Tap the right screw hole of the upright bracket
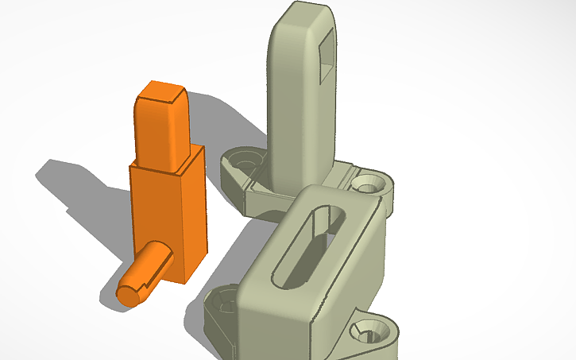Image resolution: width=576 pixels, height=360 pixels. click(367, 185)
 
